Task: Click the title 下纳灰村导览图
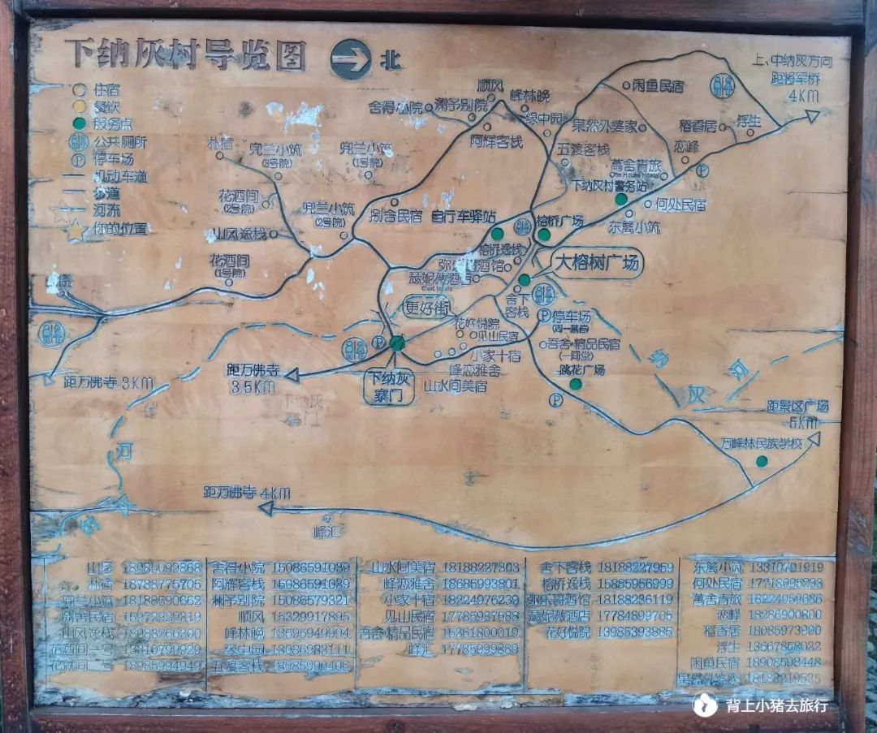(x=186, y=55)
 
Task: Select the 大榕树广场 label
(x=597, y=264)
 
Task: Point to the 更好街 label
(x=426, y=307)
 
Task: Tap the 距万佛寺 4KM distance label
(x=246, y=493)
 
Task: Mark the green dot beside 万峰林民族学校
(x=762, y=461)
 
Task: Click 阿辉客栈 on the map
(x=496, y=141)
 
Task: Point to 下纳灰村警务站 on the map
(x=610, y=186)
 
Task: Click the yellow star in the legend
(x=76, y=231)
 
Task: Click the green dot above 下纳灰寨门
(x=396, y=343)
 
